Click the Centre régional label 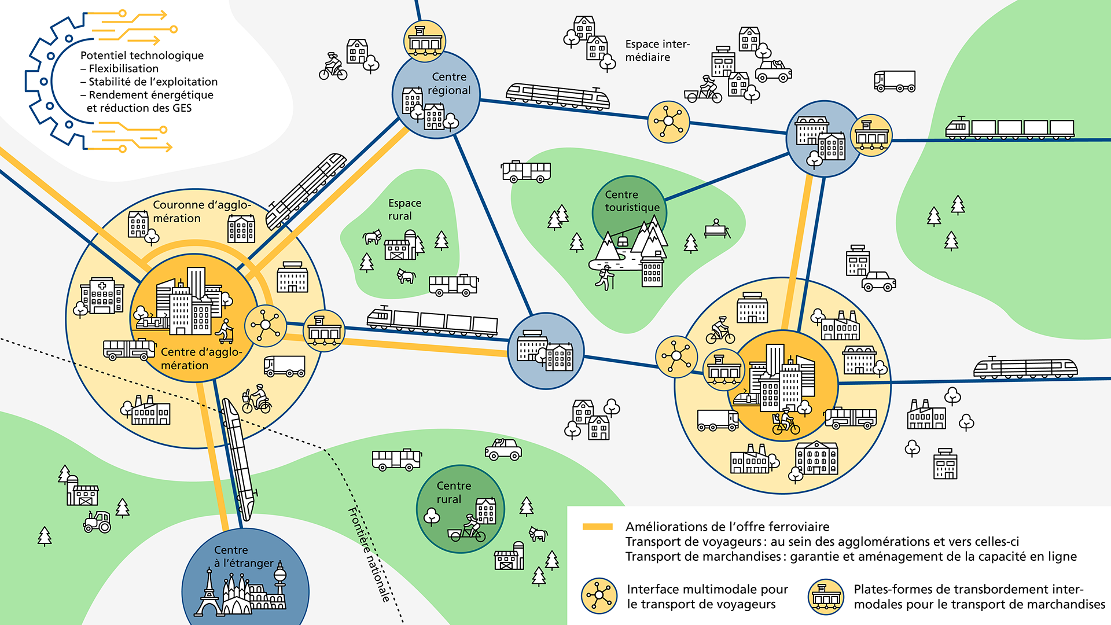449,84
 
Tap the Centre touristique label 631,201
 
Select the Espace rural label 404,209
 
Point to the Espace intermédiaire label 657,50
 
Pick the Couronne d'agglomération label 201,211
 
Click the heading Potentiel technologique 142,56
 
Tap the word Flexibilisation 123,68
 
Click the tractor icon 98,522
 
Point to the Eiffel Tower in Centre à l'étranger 209,593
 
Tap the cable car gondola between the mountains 623,240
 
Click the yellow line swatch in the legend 597,527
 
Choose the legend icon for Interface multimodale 599,596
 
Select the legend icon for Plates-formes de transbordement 826,596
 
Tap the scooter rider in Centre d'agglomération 225,332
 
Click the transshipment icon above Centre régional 425,41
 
